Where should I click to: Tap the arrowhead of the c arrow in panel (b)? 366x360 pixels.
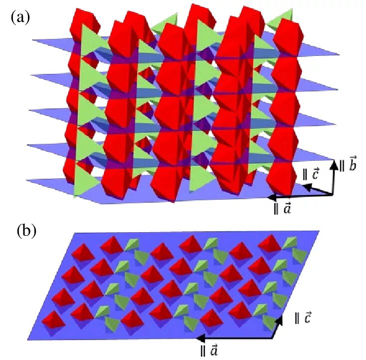point(284,317)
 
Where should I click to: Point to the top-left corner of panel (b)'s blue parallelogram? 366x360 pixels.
point(74,233)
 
